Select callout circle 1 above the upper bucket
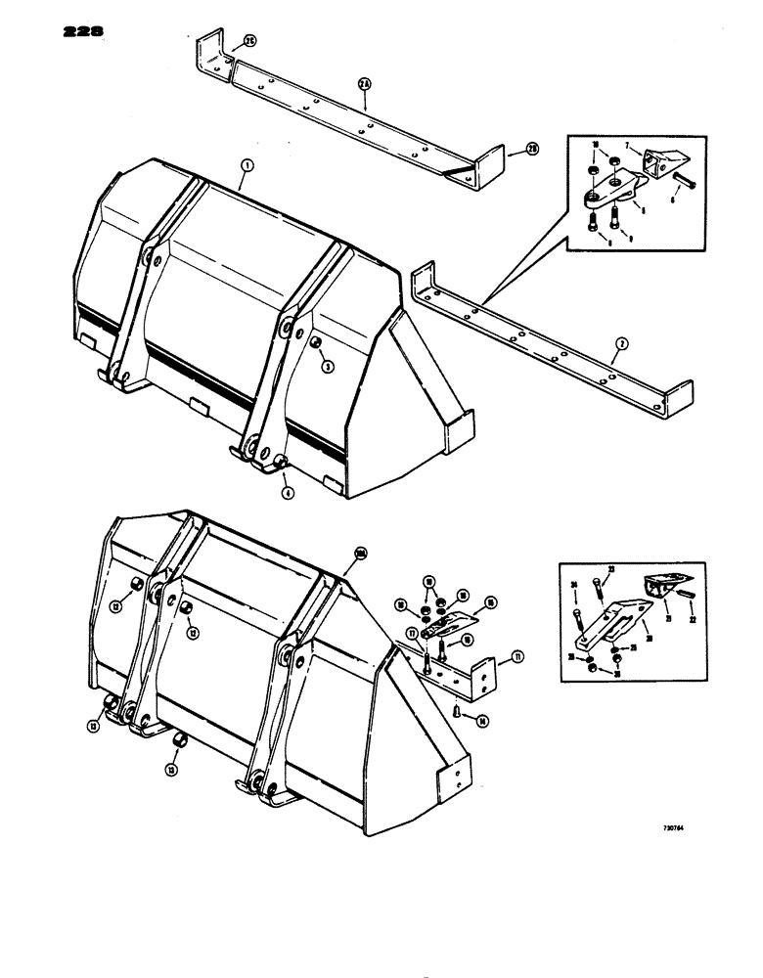coord(246,169)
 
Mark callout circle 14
coord(481,719)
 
